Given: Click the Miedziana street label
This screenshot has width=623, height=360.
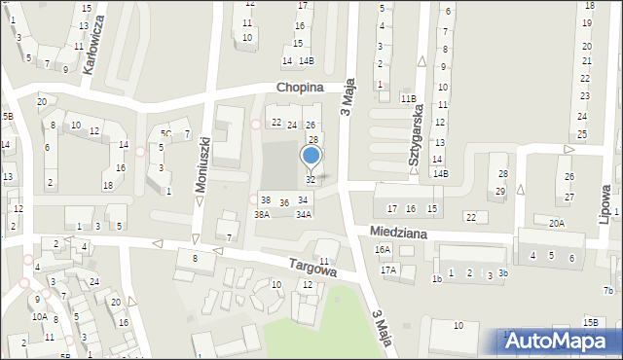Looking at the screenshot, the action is (398, 233).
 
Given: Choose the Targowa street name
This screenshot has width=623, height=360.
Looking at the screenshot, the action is (311, 268).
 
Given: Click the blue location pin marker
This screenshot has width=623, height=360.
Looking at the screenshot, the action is (311, 157).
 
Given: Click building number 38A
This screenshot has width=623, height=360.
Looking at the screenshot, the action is (262, 214).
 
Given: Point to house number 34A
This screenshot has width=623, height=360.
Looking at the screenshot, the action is (304, 214).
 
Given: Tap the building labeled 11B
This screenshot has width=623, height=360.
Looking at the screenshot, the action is (408, 98).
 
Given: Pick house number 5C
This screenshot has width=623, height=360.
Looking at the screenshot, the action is (166, 134).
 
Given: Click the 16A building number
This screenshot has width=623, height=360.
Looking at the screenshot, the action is (383, 249).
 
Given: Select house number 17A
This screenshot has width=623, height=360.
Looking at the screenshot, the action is (388, 270).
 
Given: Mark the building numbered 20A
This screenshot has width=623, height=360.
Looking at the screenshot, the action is (556, 223).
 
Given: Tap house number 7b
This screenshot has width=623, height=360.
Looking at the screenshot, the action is (607, 290).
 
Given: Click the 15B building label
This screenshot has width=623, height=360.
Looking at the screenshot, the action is (590, 322).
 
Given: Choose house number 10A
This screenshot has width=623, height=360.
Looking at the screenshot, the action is (39, 316).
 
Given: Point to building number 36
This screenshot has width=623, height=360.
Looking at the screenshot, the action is (284, 202).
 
